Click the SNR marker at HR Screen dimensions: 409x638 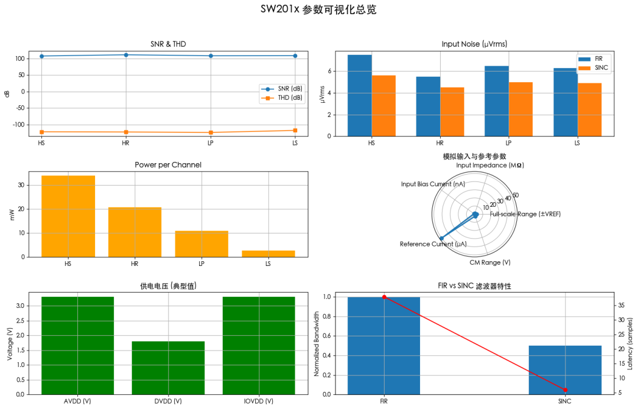[x=126, y=55]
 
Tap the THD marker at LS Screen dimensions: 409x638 [x=295, y=130]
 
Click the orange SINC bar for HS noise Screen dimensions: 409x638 [x=383, y=106]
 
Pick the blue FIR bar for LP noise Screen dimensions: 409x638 [x=497, y=101]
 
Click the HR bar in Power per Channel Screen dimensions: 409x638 [x=135, y=232]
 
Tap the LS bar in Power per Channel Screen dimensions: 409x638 [x=268, y=254]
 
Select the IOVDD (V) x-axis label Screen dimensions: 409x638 [x=259, y=401]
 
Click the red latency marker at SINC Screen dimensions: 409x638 [x=565, y=390]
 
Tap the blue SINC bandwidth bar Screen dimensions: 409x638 [x=565, y=369]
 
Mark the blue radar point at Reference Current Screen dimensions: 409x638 [x=441, y=238]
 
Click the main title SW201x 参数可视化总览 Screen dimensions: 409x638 [x=318, y=10]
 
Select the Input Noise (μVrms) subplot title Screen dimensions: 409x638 [x=474, y=44]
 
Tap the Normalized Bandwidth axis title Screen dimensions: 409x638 [x=317, y=344]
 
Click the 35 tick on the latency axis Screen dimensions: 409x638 [x=621, y=306]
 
